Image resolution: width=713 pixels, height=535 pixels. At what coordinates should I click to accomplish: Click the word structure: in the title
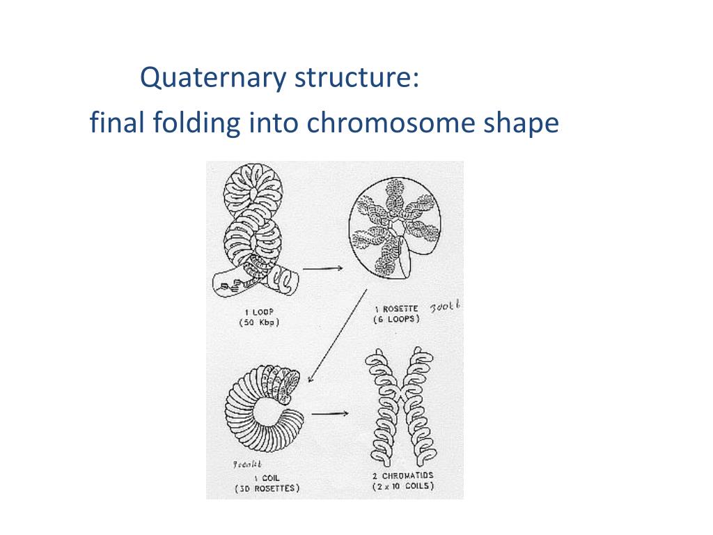point(356,78)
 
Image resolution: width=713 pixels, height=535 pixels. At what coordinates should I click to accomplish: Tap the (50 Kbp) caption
point(258,322)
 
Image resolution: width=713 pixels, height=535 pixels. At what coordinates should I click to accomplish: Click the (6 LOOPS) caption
point(395,319)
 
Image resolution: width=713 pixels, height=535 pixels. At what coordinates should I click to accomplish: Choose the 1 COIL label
point(266,478)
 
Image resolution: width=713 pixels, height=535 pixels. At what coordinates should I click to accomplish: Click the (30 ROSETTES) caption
point(267,489)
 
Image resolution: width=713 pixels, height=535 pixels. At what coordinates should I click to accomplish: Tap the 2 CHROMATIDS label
point(403,476)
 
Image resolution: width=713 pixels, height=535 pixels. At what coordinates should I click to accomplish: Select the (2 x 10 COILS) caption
point(403,486)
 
